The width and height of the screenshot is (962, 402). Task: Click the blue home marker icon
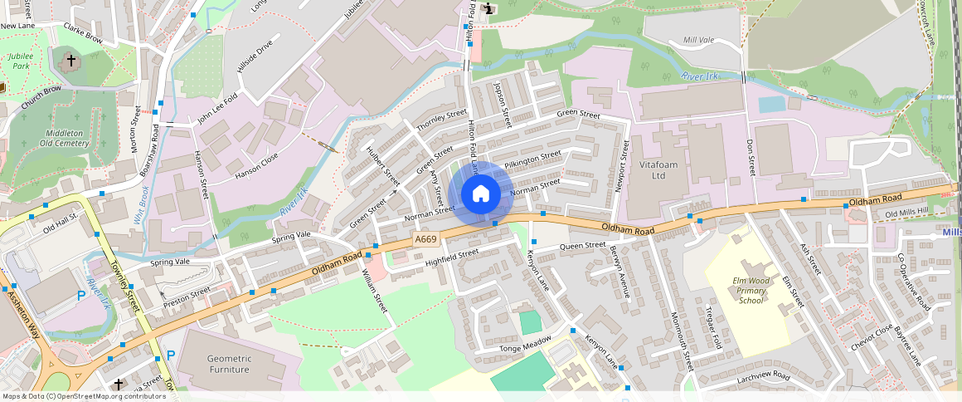pyautogui.click(x=480, y=194)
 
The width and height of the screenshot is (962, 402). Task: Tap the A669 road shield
pyautogui.click(x=425, y=239)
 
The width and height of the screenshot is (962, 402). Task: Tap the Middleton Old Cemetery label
pyautogui.click(x=64, y=138)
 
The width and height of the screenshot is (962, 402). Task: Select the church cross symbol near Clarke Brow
pyautogui.click(x=70, y=61)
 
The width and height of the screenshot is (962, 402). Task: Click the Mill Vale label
pyautogui.click(x=698, y=40)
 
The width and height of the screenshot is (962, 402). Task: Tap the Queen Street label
pyautogui.click(x=582, y=246)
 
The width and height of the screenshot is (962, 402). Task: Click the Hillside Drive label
pyautogui.click(x=254, y=56)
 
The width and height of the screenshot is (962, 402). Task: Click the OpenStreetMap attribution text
pyautogui.click(x=83, y=396)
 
